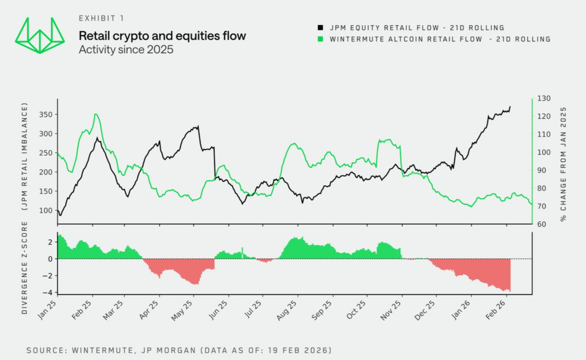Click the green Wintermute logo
pos(40,36)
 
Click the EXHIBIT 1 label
pos(101,18)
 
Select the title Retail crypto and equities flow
pos(162,36)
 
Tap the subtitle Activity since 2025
pos(126,49)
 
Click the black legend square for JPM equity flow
pos(321,28)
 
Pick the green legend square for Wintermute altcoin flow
pos(321,39)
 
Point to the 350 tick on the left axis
pos(46,115)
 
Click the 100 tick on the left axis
pos(46,210)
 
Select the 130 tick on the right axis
pos(544,98)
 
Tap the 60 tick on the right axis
pos(542,224)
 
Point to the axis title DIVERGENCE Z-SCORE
pos(24,268)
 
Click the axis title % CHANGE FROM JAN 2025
pos(564,164)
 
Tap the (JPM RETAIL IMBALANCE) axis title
pos(24,156)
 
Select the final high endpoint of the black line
pos(510,107)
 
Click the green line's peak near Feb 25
pos(96,114)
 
